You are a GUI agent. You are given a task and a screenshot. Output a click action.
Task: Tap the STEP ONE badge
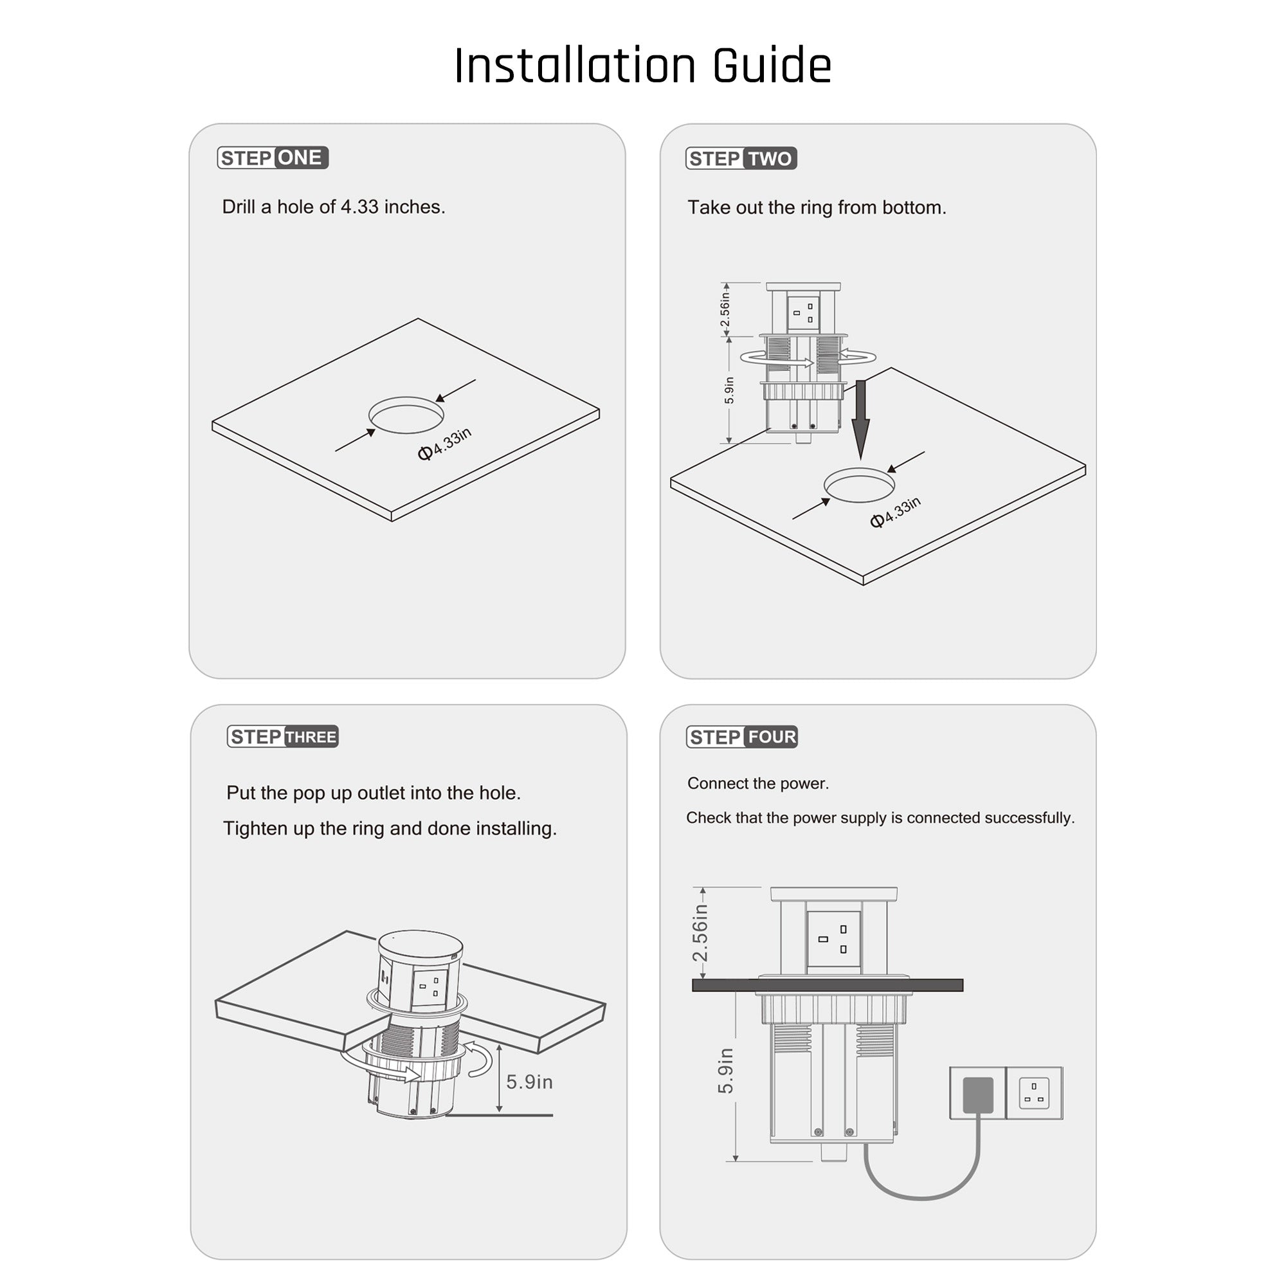click(273, 158)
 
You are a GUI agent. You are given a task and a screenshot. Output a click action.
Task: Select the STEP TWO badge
click(741, 158)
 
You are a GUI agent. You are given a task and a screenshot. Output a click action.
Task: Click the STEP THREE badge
click(283, 737)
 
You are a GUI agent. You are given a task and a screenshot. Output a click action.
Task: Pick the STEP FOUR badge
click(742, 737)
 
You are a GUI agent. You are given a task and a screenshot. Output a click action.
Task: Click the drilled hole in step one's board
click(406, 415)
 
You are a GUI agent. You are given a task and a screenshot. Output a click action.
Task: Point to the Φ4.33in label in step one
click(445, 444)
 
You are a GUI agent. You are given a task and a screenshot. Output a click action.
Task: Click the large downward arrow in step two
click(862, 420)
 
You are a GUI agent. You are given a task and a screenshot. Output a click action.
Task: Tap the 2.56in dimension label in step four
click(700, 932)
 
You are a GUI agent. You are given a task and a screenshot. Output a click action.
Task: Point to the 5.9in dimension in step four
click(725, 1071)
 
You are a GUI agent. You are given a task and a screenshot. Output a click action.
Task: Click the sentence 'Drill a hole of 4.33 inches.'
click(334, 207)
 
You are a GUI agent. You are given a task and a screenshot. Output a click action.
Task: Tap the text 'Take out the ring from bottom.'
click(817, 208)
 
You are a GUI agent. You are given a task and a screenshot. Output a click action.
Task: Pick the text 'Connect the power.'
click(758, 783)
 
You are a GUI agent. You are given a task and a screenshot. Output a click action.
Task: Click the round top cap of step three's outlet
click(420, 943)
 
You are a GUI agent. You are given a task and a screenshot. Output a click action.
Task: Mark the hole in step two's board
click(859, 485)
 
